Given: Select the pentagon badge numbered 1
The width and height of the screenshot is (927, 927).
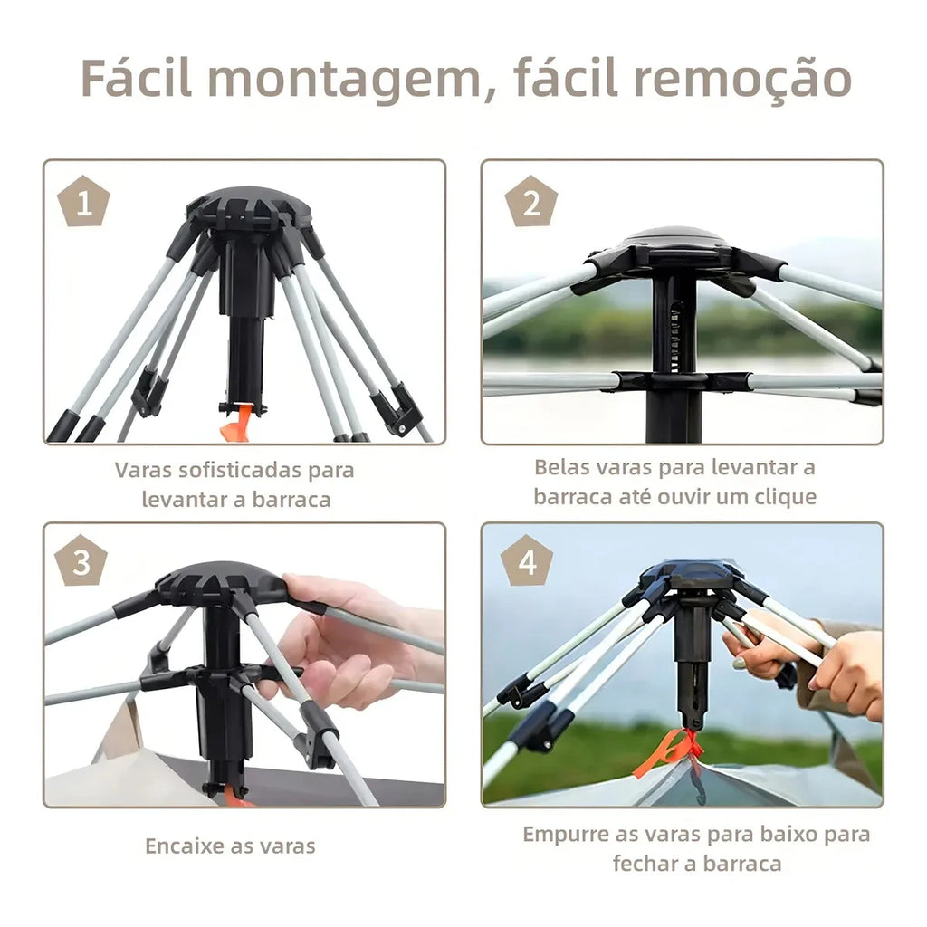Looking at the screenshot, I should [84, 203].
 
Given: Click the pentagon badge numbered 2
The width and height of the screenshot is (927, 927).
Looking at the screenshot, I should [531, 203].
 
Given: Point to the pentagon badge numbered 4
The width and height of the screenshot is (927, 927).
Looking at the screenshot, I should [527, 562].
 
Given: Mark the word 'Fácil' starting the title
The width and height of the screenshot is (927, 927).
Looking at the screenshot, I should [136, 80].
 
